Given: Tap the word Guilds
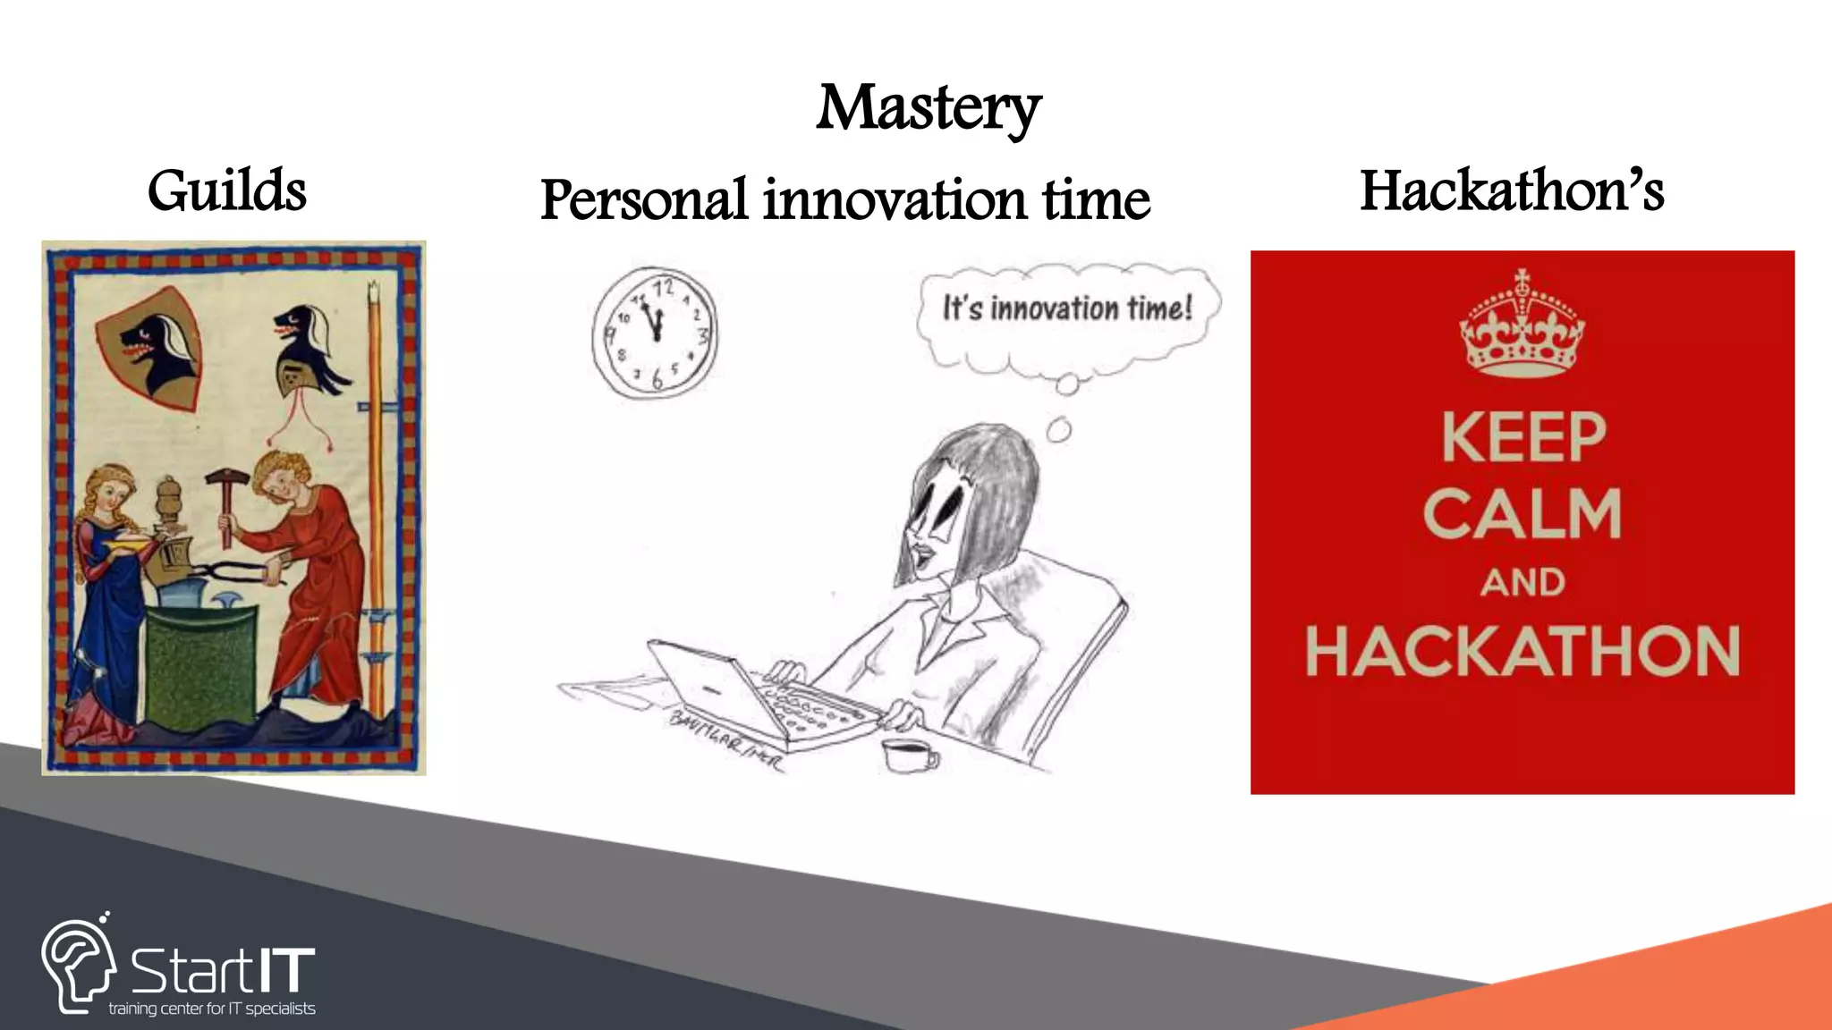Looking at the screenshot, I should [227, 191].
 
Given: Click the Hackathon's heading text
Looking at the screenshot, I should [1512, 191].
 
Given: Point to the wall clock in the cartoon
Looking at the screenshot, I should [655, 333].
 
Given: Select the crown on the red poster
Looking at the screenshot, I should [1522, 326].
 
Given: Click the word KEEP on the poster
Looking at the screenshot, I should [1523, 438].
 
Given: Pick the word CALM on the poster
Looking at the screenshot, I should [1522, 514].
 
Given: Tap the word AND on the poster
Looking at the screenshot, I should [1522, 583].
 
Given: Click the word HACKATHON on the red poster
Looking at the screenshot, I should [1522, 651].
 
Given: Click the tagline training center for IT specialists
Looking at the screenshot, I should [212, 1009].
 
